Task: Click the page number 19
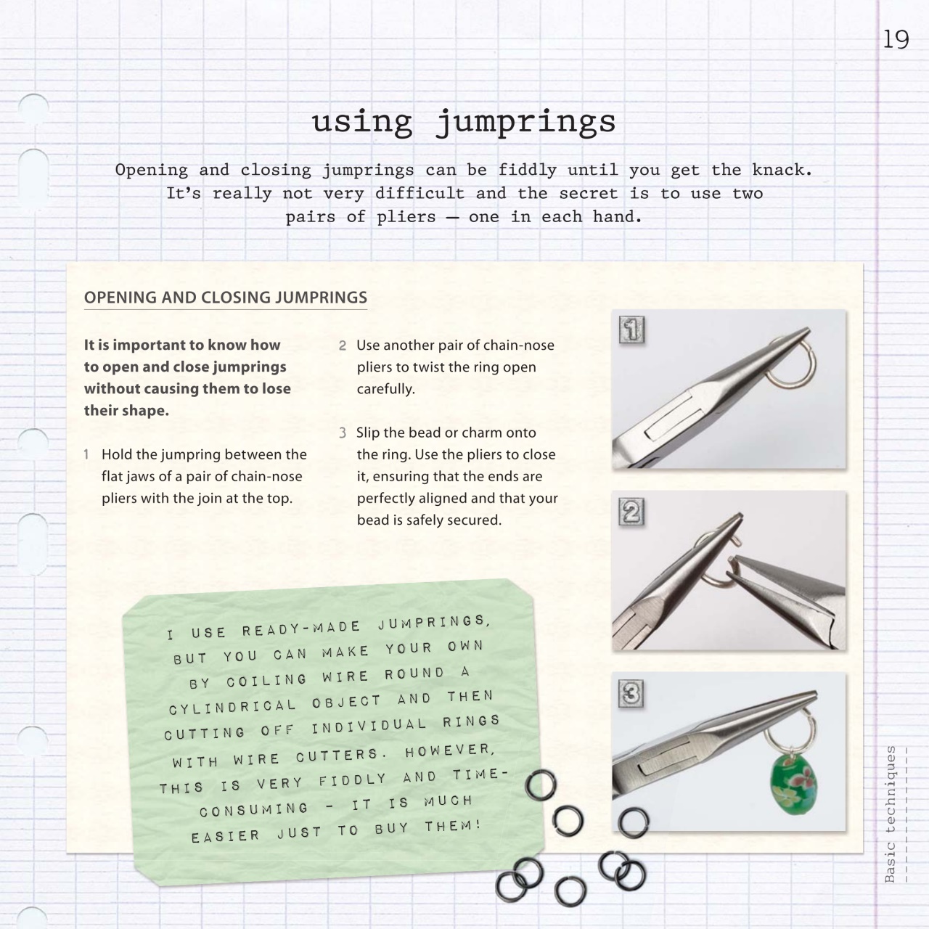click(x=896, y=39)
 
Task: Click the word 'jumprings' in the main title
click(x=525, y=122)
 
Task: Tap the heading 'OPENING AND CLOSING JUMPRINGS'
click(x=225, y=298)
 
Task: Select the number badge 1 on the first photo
click(x=631, y=330)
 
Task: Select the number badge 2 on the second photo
click(x=631, y=512)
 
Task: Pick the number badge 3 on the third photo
click(x=631, y=694)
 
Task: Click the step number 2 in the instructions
click(x=343, y=346)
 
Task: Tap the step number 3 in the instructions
click(x=343, y=433)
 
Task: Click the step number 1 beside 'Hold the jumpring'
click(x=86, y=455)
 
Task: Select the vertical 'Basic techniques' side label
click(x=891, y=813)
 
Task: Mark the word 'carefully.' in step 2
click(x=385, y=389)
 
